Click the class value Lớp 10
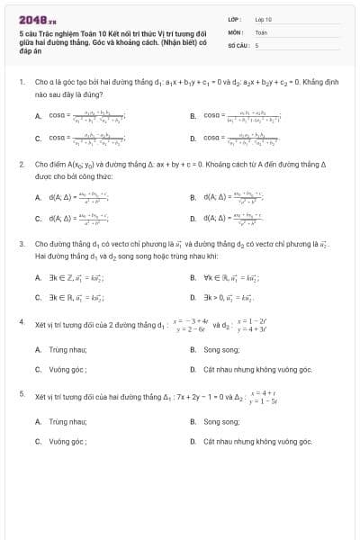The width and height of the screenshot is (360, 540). [x=263, y=19]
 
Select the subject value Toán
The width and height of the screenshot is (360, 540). [x=261, y=31]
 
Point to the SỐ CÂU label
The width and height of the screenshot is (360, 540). [x=237, y=44]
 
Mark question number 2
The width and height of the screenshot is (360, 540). [x=21, y=165]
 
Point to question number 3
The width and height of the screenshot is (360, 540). [x=21, y=244]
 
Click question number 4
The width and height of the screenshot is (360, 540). [x=21, y=321]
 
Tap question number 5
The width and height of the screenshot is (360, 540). [x=21, y=393]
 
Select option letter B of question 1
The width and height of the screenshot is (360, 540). [x=193, y=116]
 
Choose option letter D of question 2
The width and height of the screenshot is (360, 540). [x=193, y=218]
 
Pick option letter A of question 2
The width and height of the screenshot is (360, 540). [x=38, y=195]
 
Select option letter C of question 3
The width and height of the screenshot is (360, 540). [x=38, y=296]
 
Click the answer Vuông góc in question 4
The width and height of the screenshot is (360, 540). [x=67, y=369]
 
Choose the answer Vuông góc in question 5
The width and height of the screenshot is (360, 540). [x=67, y=441]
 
